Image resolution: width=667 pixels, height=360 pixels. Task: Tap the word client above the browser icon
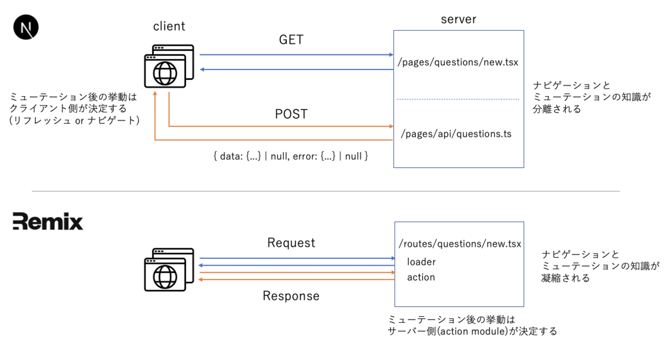tap(169, 26)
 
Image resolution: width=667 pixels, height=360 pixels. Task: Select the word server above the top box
tap(459, 19)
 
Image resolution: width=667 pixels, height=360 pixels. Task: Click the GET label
tap(291, 40)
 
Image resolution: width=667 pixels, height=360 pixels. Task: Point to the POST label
tap(291, 114)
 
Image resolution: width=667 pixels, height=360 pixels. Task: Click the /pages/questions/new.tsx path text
tap(458, 62)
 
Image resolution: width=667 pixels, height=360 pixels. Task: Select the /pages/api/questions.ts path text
tap(456, 134)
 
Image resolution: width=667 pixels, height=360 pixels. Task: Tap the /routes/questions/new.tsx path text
tap(460, 244)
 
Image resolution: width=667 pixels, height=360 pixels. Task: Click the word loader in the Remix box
tap(421, 262)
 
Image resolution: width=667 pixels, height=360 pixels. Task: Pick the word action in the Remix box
tap(421, 277)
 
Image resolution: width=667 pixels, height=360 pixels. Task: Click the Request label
tap(291, 243)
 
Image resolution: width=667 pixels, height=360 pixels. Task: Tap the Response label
tap(291, 296)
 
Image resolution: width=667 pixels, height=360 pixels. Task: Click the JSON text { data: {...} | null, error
tap(291, 157)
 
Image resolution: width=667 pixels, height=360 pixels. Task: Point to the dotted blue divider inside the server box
tap(458, 99)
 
